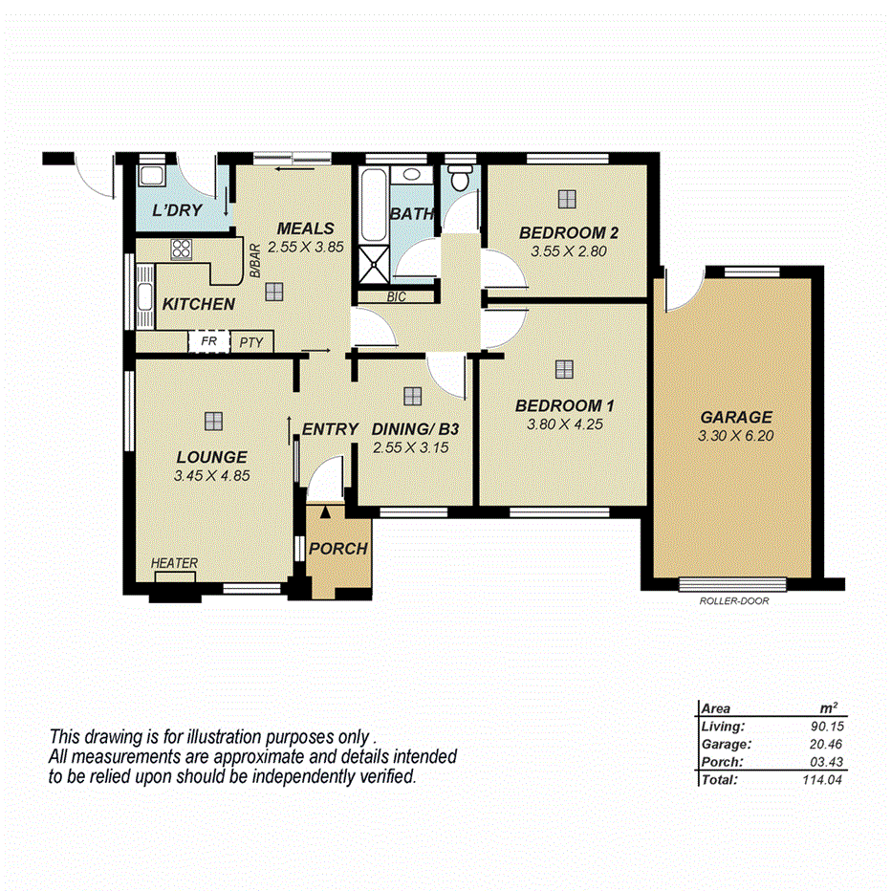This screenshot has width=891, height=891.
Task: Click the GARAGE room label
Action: (735, 417)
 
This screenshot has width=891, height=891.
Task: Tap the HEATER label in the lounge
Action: (175, 563)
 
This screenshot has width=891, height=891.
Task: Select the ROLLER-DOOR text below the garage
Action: (733, 601)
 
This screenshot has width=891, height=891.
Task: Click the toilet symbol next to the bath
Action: (460, 178)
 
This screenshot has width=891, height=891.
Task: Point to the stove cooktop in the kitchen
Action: (182, 250)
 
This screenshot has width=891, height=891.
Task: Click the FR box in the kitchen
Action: (208, 341)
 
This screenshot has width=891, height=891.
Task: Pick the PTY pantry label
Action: (251, 341)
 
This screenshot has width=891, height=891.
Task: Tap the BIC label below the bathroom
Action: (397, 297)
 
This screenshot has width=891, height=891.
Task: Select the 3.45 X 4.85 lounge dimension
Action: (212, 475)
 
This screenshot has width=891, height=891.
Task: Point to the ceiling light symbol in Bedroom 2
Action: (568, 198)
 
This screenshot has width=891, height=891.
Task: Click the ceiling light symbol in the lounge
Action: (212, 420)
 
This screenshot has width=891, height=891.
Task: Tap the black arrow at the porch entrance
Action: (325, 513)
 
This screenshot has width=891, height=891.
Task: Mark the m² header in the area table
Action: (829, 708)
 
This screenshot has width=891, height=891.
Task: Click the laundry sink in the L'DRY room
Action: (151, 176)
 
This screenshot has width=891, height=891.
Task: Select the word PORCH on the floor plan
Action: (338, 549)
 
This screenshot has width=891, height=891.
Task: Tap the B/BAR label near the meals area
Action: (255, 261)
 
